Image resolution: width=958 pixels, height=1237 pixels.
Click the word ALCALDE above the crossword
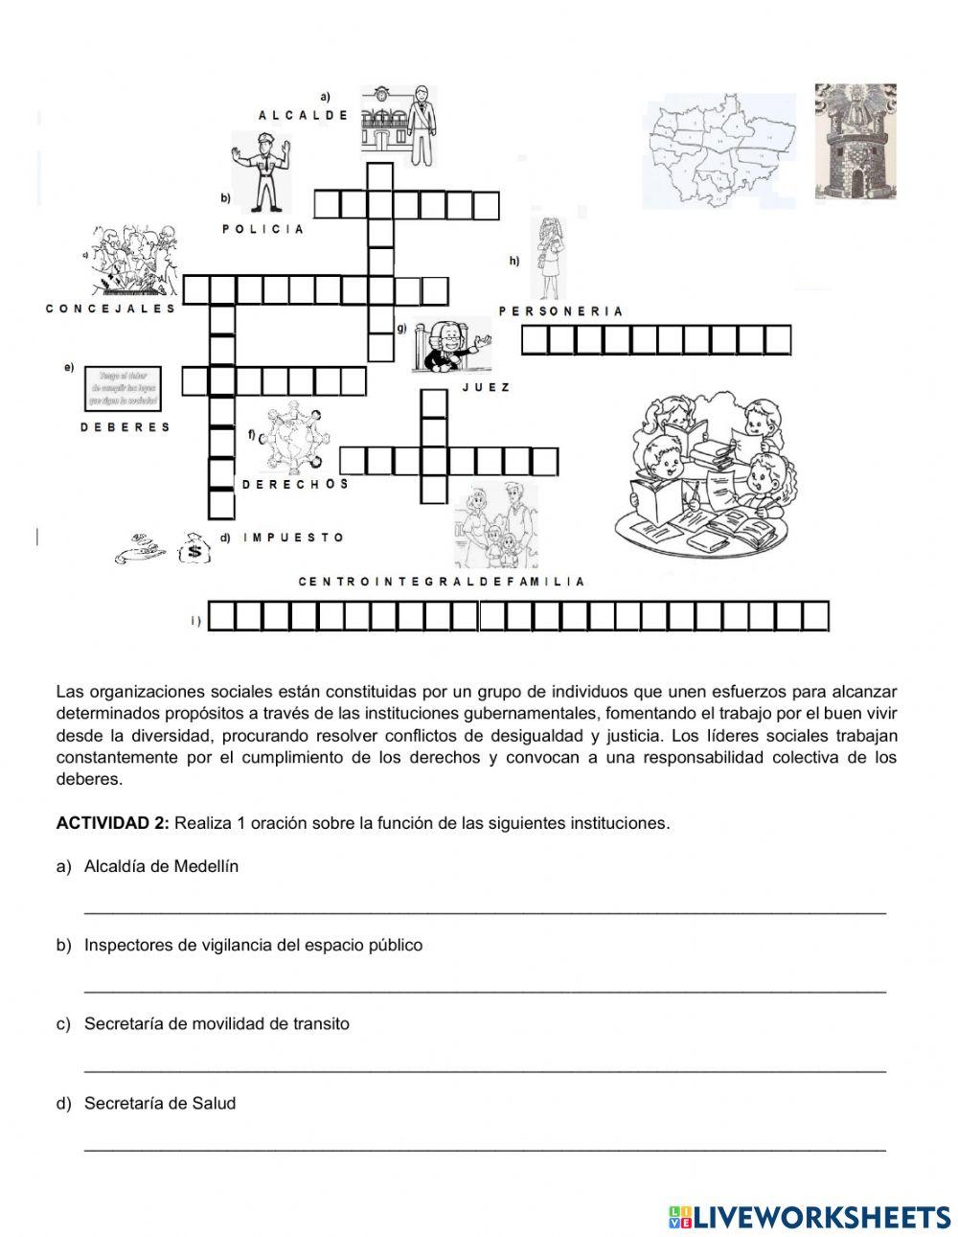(303, 115)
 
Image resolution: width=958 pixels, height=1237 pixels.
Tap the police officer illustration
(258, 172)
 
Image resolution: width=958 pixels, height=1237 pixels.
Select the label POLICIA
(263, 229)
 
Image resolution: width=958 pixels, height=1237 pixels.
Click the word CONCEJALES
(111, 309)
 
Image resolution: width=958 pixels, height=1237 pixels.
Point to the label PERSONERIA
(561, 311)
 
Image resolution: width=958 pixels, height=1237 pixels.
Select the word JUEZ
(486, 388)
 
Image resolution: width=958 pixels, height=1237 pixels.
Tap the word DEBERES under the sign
(125, 427)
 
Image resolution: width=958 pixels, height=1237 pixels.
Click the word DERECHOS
(295, 485)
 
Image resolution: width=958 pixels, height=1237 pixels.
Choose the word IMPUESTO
(293, 538)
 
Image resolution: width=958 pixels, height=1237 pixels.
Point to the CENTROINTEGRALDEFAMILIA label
(442, 582)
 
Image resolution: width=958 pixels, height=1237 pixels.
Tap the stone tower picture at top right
(855, 141)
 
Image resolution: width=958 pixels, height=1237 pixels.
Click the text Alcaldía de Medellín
(161, 866)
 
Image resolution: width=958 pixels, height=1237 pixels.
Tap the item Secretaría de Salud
(160, 1103)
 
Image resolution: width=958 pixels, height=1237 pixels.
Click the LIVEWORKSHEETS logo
(810, 1217)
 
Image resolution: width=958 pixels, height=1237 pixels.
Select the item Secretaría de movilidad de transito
(217, 1023)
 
